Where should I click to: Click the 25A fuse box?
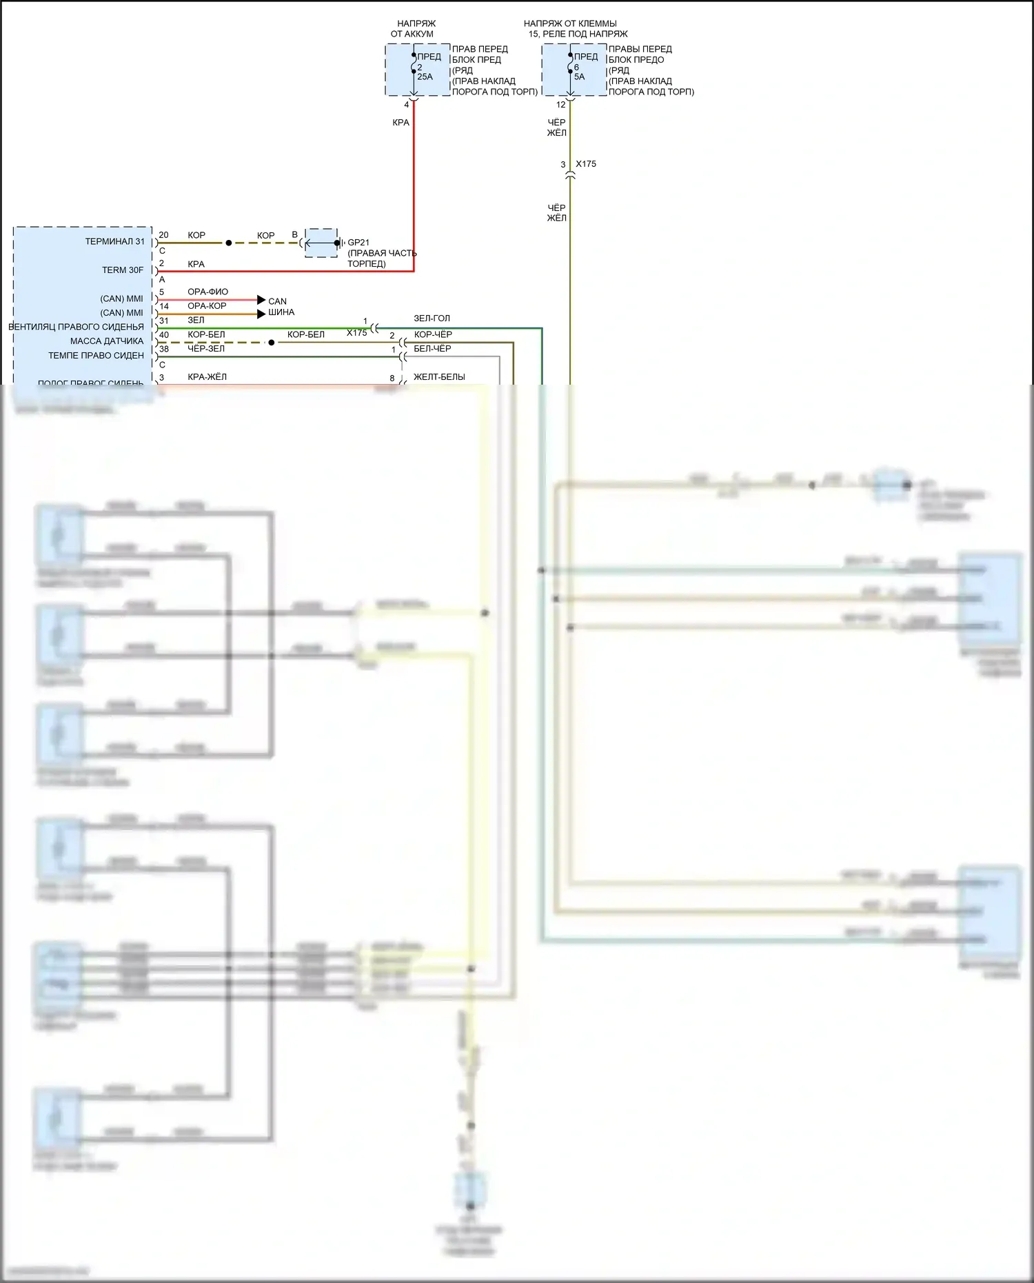click(418, 70)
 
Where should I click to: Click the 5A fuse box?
click(574, 70)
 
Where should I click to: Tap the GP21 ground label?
click(358, 243)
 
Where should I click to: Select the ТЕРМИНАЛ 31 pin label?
click(115, 241)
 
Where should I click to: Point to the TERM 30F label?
click(123, 270)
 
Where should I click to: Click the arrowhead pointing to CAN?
click(261, 300)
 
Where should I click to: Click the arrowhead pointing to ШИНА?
click(261, 314)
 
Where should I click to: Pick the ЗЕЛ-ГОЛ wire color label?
click(432, 319)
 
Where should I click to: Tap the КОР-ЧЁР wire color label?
click(433, 334)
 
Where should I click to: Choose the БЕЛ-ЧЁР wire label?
click(432, 349)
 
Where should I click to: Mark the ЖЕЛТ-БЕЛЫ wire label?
click(439, 377)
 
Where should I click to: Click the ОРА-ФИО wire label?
click(207, 292)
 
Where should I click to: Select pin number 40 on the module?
click(164, 335)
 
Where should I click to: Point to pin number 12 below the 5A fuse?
click(560, 105)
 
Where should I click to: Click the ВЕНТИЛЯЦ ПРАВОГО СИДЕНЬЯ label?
click(76, 327)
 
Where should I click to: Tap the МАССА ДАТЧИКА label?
click(107, 341)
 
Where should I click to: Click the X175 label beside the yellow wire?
click(586, 164)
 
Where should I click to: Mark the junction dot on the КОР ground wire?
click(229, 243)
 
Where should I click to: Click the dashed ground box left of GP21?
click(321, 243)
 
